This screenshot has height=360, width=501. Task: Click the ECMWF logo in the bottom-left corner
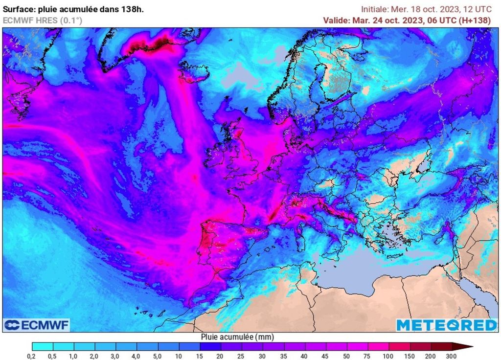click(37, 325)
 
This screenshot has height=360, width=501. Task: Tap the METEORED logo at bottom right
click(446, 325)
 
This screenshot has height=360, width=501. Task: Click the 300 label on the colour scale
click(452, 356)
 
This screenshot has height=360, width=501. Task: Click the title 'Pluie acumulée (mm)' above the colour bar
click(237, 337)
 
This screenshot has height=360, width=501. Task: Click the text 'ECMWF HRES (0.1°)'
click(43, 21)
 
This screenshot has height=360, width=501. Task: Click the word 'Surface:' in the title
click(20, 9)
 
